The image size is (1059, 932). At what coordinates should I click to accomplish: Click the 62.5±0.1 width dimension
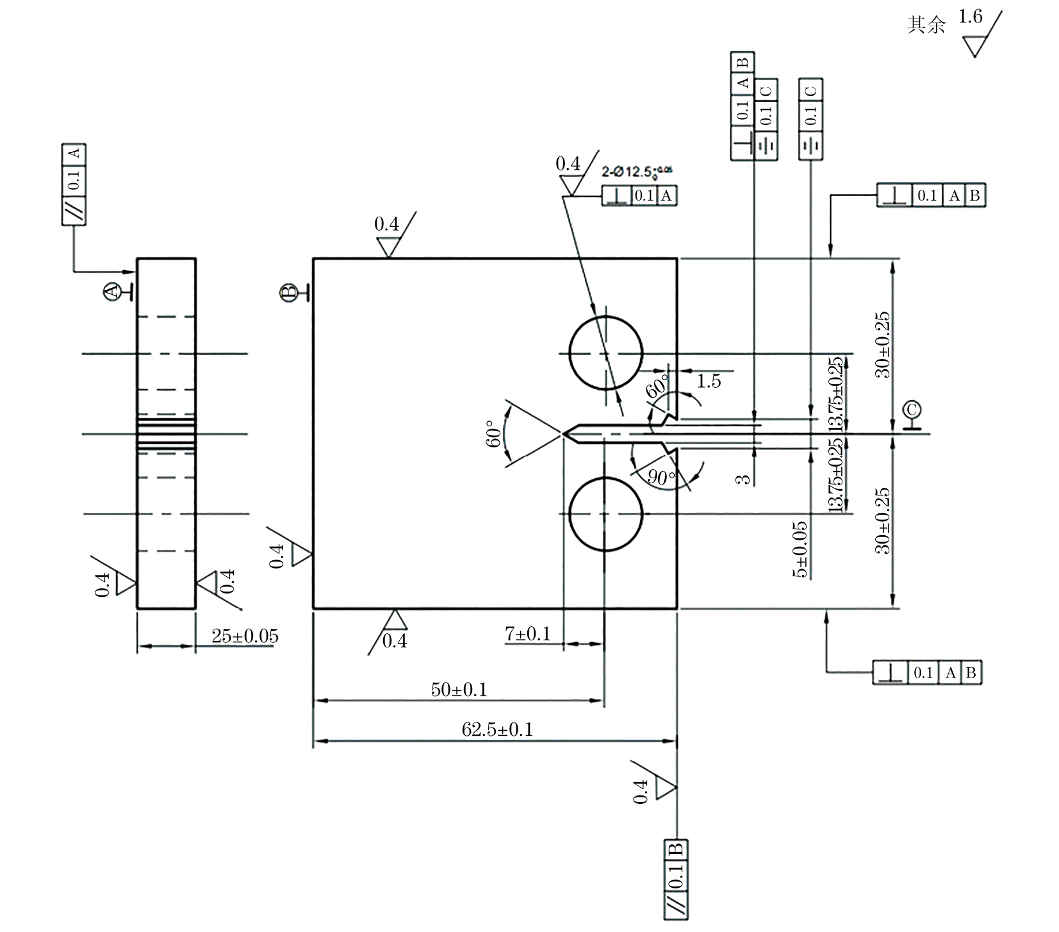pyautogui.click(x=497, y=729)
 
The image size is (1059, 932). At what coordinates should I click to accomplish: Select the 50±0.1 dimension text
pyautogui.click(x=459, y=690)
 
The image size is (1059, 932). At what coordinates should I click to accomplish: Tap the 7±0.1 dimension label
pyautogui.click(x=527, y=634)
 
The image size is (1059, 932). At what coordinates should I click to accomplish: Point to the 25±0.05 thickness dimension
pyautogui.click(x=245, y=636)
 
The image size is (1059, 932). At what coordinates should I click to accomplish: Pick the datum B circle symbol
pyautogui.click(x=289, y=292)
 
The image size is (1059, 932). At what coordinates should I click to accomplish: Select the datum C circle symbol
pyautogui.click(x=911, y=410)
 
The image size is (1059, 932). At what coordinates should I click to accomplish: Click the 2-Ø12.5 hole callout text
pyautogui.click(x=637, y=172)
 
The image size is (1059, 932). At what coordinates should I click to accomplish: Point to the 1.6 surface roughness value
pyautogui.click(x=970, y=17)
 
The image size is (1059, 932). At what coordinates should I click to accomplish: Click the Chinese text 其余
pyautogui.click(x=926, y=25)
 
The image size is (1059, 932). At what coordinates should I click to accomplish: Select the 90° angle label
pyautogui.click(x=661, y=476)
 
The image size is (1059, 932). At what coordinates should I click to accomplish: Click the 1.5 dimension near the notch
pyautogui.click(x=709, y=381)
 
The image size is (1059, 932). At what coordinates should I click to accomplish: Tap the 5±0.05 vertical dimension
pyautogui.click(x=800, y=549)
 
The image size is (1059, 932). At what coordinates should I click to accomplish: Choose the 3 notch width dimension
pyautogui.click(x=743, y=479)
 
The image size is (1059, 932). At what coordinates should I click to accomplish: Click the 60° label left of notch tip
pyautogui.click(x=493, y=434)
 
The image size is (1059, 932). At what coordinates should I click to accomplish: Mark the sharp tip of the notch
pyautogui.click(x=564, y=434)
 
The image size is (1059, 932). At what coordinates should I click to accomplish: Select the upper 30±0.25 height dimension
pyautogui.click(x=883, y=345)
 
